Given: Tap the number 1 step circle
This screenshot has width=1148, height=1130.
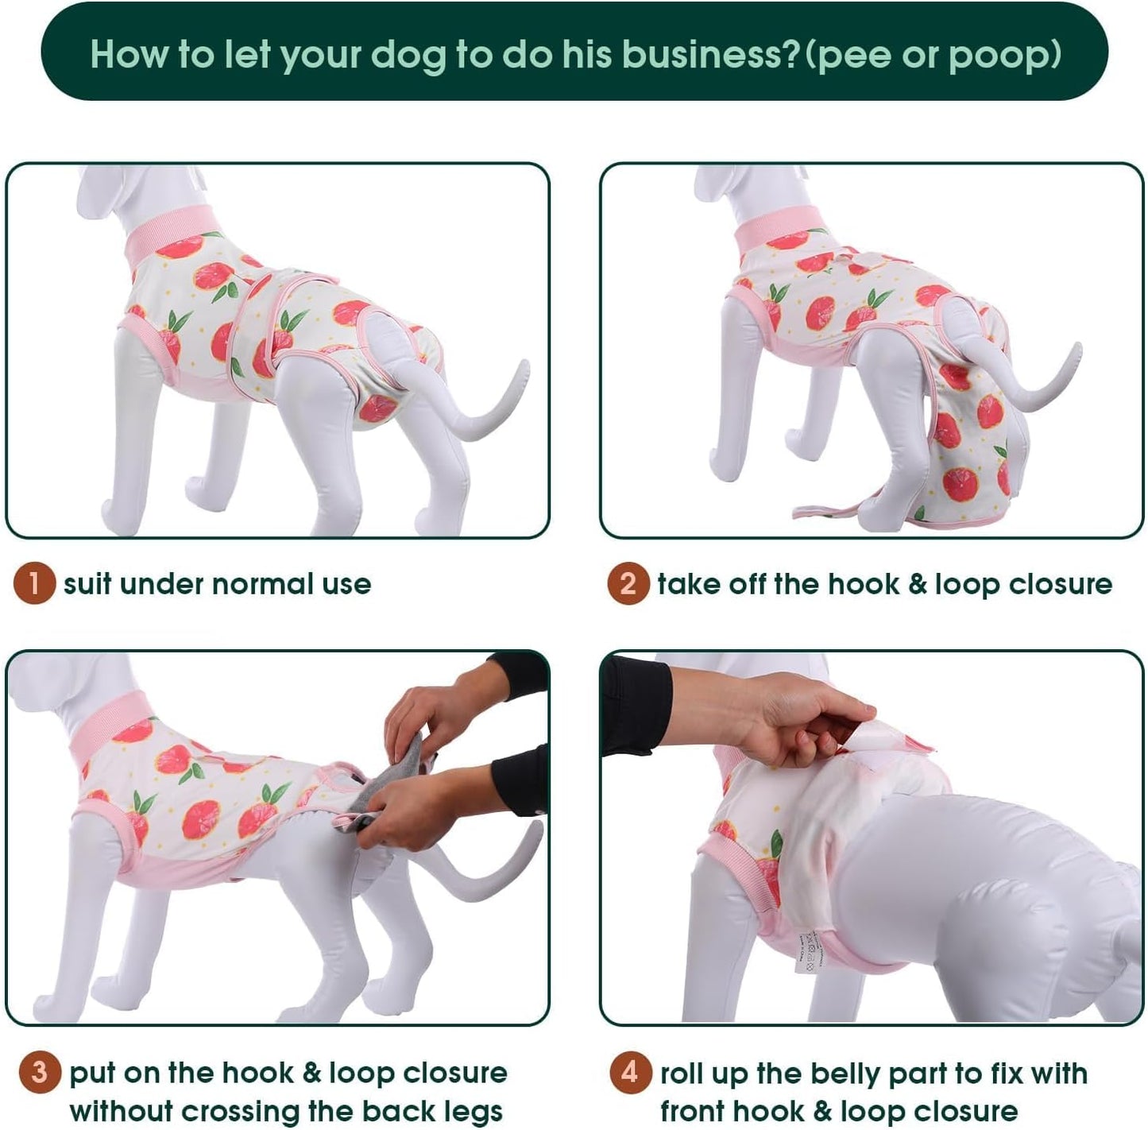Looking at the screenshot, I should click(x=33, y=584).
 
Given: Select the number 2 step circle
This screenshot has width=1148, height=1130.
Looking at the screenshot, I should click(x=628, y=584).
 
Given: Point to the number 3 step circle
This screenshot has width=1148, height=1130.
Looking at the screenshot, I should click(x=39, y=1073).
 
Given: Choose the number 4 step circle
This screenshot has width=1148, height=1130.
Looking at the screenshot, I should click(x=630, y=1073).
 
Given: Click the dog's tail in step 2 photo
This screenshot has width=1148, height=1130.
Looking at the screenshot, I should click(x=1049, y=389).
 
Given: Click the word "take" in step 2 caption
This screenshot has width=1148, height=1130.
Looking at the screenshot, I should click(x=684, y=584).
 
